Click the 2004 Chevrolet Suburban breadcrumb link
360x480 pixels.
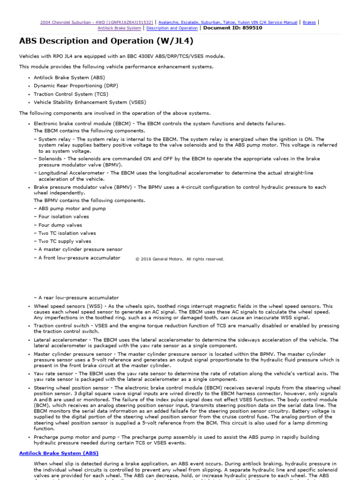tap(96, 22)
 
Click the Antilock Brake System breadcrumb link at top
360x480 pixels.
tap(119, 28)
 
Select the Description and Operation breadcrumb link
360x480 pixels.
tap(171, 28)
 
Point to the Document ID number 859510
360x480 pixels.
tap(250, 28)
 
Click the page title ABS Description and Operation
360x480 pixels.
tap(106, 41)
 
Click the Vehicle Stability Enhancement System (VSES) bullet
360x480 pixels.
tap(90, 102)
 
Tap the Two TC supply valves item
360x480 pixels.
tap(65, 241)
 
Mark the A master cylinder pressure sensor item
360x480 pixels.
tap(80, 249)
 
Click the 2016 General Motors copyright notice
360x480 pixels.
tap(180, 259)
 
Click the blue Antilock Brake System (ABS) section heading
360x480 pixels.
tap(59, 453)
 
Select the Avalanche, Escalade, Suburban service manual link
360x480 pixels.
tap(228, 22)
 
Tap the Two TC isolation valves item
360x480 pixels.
tap(67, 233)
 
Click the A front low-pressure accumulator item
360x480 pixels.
tap(79, 258)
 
